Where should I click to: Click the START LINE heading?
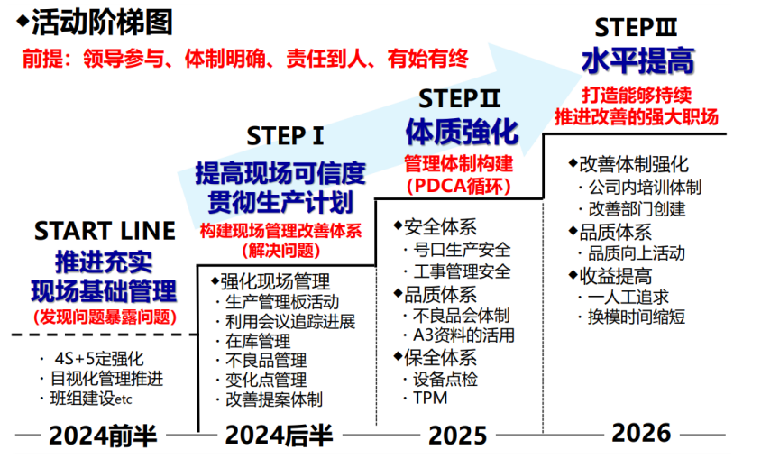pos(104,231)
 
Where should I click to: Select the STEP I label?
pos(285,136)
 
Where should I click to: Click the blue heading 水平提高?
pos(637,61)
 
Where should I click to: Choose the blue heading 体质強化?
pos(461,132)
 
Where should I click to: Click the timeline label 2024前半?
pos(103,436)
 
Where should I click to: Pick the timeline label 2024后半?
pos(280,436)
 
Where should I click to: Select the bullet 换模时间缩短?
pos(637,317)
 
